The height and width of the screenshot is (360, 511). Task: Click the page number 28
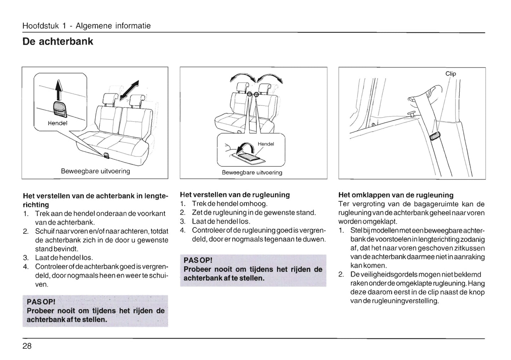27,346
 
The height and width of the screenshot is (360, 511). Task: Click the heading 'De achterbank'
58,41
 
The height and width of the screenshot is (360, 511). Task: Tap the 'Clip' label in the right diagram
451,73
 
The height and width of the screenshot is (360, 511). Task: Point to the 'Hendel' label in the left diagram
57,123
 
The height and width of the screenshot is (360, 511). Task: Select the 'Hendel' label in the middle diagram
266,144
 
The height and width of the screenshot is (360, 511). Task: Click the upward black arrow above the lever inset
59,90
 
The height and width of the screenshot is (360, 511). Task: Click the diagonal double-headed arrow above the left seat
129,90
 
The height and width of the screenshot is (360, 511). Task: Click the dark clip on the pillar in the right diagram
435,136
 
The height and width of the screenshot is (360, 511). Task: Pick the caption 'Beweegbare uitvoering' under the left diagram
95,171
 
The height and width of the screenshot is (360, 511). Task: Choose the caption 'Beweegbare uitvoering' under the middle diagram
252,172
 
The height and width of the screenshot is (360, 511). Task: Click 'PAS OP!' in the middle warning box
198,260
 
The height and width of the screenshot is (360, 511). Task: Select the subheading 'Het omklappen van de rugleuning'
396,195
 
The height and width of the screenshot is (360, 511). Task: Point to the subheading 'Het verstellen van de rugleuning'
235,195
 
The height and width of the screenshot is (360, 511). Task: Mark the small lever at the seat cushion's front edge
106,155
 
